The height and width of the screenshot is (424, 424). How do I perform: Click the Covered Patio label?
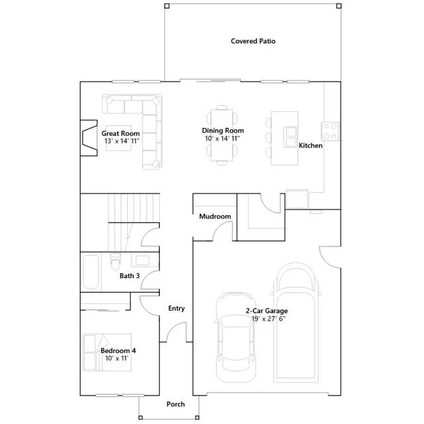tap(253, 41)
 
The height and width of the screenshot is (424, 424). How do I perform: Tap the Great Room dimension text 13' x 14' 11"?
tap(122, 141)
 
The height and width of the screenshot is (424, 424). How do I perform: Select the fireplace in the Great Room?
tap(89, 138)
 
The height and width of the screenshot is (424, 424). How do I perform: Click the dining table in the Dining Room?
tap(222, 135)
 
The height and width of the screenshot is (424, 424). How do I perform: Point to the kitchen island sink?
tap(290, 137)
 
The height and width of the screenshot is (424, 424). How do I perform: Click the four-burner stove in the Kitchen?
tap(330, 131)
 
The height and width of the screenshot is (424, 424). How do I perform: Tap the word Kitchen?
tap(311, 146)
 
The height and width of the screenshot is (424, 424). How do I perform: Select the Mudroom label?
tap(215, 217)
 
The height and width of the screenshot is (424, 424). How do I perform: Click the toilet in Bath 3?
tap(115, 261)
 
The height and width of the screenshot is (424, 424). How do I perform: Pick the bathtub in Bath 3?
tap(91, 272)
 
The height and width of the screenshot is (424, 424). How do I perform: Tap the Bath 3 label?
tap(130, 276)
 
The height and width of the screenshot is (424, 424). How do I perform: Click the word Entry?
tap(176, 308)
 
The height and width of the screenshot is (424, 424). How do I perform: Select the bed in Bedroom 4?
tap(107, 352)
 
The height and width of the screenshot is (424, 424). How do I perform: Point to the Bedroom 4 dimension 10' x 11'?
tap(117, 358)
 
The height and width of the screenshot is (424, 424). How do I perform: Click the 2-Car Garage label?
tap(266, 311)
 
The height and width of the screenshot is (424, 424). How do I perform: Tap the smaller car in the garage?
tap(236, 337)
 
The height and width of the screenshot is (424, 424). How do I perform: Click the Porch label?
tap(176, 404)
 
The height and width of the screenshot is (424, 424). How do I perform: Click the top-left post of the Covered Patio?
tap(167, 6)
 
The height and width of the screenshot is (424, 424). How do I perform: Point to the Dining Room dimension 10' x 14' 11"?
tap(223, 138)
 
